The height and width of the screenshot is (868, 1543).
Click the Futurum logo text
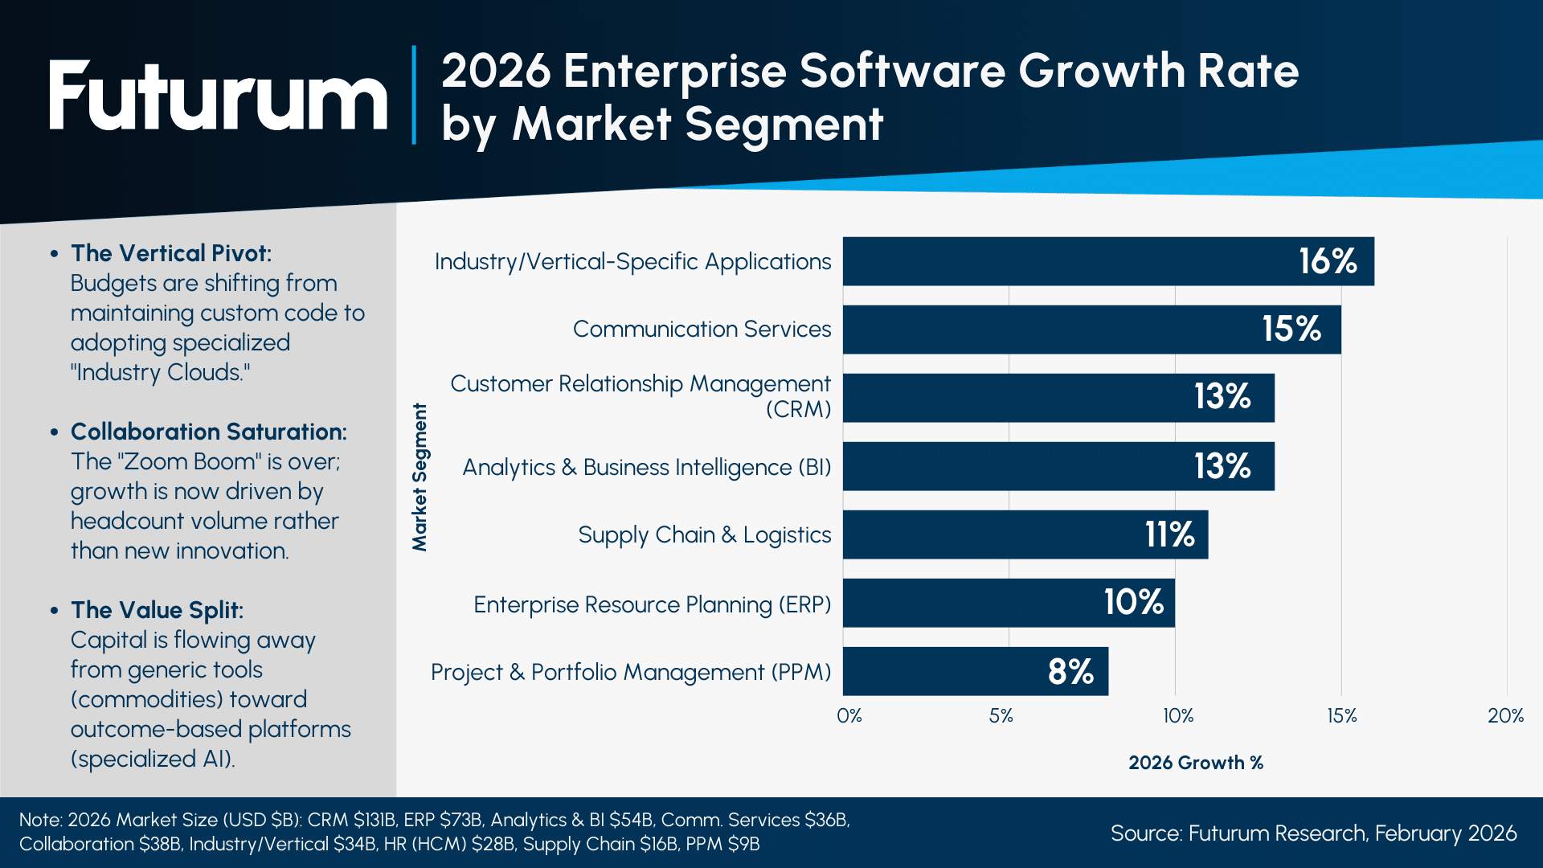click(218, 96)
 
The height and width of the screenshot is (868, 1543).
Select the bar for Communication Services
click(1045, 330)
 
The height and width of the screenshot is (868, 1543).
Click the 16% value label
click(1328, 261)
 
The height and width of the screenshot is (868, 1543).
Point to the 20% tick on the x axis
click(1505, 715)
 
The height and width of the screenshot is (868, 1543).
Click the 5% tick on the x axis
click(1001, 715)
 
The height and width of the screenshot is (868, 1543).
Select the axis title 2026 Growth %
click(1195, 763)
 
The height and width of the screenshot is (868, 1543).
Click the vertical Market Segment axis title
click(420, 477)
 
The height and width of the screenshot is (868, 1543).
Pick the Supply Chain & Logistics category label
click(704, 534)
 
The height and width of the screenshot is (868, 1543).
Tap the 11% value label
click(1169, 534)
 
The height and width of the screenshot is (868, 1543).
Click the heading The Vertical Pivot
click(171, 253)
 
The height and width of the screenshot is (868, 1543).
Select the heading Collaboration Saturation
click(208, 432)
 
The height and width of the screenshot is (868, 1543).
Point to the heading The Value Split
click(157, 610)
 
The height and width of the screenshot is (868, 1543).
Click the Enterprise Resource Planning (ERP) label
click(652, 604)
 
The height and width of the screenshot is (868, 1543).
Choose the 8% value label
click(1070, 672)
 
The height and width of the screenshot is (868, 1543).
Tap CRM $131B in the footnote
click(352, 820)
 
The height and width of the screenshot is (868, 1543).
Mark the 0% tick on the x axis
click(849, 715)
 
